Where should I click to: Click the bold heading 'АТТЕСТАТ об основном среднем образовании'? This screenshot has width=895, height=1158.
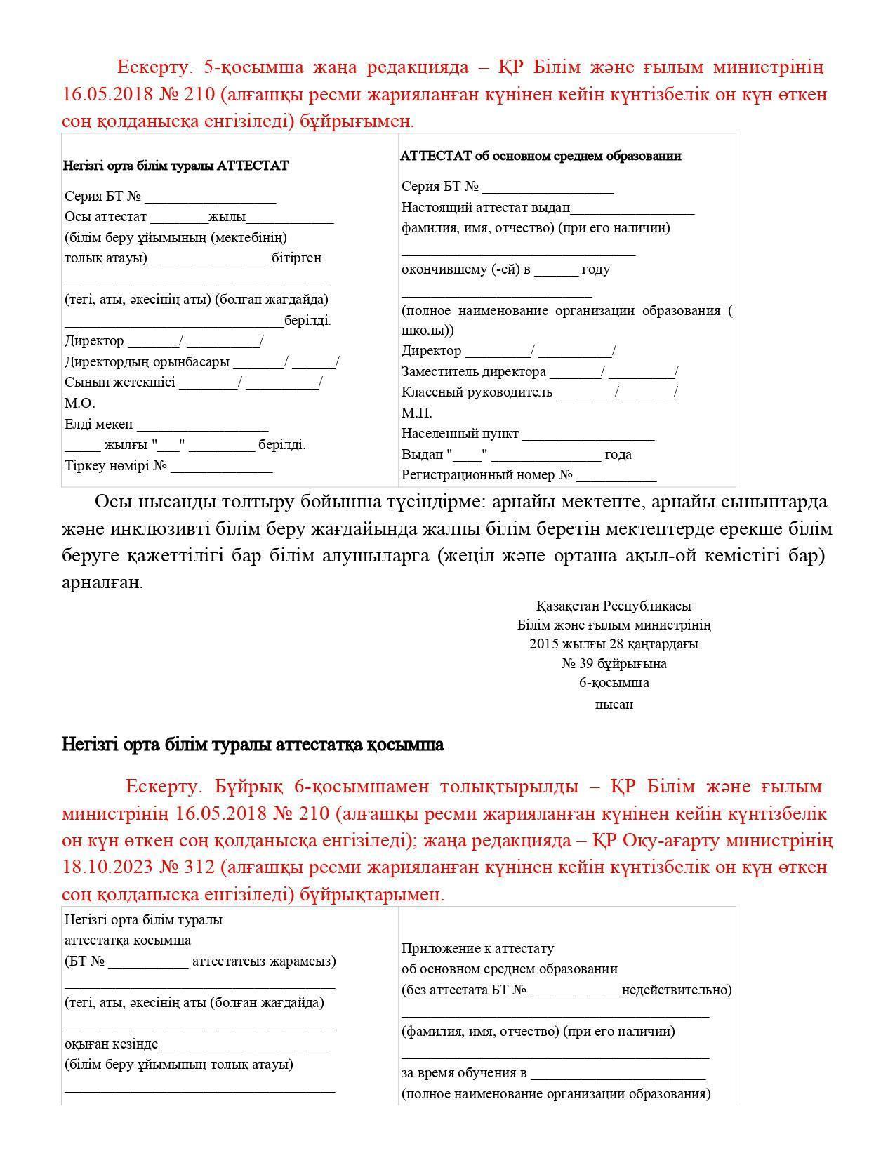pyautogui.click(x=541, y=156)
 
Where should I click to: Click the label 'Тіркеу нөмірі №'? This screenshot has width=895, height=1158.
pyautogui.click(x=116, y=466)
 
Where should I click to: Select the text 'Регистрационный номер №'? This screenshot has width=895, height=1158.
pyautogui.click(x=487, y=475)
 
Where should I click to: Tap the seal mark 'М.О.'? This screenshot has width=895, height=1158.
pyautogui.click(x=79, y=404)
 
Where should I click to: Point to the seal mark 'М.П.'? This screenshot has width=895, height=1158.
pyautogui.click(x=416, y=413)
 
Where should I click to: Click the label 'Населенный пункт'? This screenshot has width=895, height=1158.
pyautogui.click(x=460, y=434)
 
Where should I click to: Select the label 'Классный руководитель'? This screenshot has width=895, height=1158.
pyautogui.click(x=477, y=392)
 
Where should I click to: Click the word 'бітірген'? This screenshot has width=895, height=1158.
pyautogui.click(x=297, y=258)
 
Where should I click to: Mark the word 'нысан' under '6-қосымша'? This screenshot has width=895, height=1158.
pyautogui.click(x=614, y=705)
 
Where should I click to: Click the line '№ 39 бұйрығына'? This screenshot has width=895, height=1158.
pyautogui.click(x=614, y=664)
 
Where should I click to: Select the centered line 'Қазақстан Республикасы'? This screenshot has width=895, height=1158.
pyautogui.click(x=614, y=606)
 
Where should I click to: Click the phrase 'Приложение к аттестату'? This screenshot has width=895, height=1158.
pyautogui.click(x=477, y=949)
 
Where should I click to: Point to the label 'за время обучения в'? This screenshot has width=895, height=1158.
pyautogui.click(x=464, y=1073)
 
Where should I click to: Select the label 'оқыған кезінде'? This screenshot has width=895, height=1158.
pyautogui.click(x=111, y=1044)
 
